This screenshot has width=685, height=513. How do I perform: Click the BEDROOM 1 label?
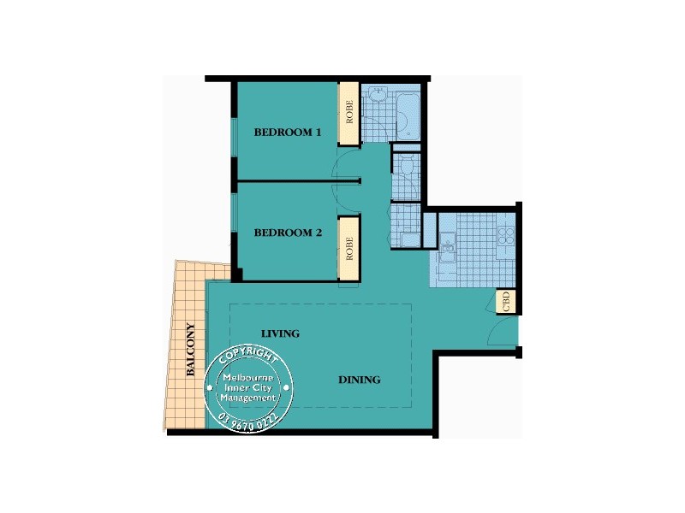coord(287,133)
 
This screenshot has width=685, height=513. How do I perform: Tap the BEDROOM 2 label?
coord(287,232)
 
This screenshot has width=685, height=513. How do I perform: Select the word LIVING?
coord(280,333)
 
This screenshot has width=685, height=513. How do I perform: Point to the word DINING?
coord(359,380)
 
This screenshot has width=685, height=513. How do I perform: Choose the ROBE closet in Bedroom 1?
coord(348,114)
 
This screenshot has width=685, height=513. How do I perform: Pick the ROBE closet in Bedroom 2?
coord(348,247)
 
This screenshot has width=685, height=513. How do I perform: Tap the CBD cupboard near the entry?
coord(506,302)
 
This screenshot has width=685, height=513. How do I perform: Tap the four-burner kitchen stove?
coord(506,234)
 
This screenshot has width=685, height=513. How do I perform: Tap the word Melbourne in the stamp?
coord(248,378)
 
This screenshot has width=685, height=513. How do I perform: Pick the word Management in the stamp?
coord(248,398)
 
